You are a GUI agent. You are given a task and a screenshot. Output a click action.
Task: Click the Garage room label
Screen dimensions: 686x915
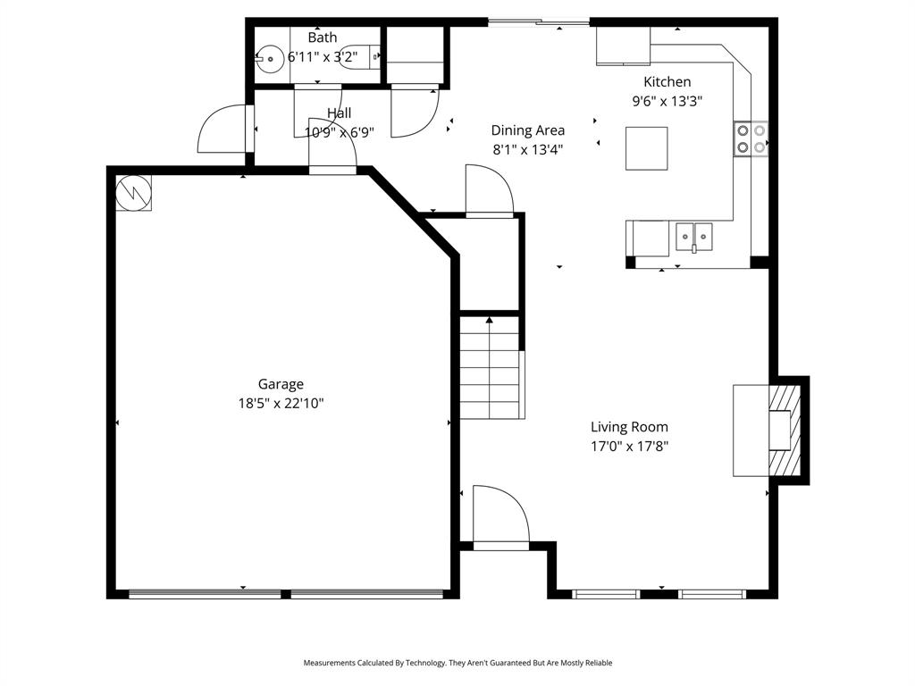281,384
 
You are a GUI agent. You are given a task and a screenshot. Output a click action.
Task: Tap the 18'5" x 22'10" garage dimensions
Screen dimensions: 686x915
281,403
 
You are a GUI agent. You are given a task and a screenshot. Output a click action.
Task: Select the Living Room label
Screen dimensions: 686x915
629,427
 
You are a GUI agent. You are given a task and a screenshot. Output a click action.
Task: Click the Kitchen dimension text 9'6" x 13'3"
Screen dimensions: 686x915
667,101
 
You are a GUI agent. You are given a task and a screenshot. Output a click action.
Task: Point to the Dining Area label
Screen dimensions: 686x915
527,130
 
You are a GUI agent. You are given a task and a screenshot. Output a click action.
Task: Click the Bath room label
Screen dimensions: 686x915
323,38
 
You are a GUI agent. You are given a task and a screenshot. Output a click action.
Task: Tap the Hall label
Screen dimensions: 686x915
339,113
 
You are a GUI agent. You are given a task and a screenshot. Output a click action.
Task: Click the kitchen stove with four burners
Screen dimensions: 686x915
751,138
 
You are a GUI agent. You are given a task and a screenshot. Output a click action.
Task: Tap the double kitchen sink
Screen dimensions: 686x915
693,237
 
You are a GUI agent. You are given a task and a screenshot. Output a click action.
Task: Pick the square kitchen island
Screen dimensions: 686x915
646,148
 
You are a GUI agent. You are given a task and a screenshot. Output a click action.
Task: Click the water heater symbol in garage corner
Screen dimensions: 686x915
134,191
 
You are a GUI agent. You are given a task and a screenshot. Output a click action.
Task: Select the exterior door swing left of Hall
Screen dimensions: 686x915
221,130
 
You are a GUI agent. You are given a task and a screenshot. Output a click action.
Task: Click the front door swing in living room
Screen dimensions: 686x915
499,516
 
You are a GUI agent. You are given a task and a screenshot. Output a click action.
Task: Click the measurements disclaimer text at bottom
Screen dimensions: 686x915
457,663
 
